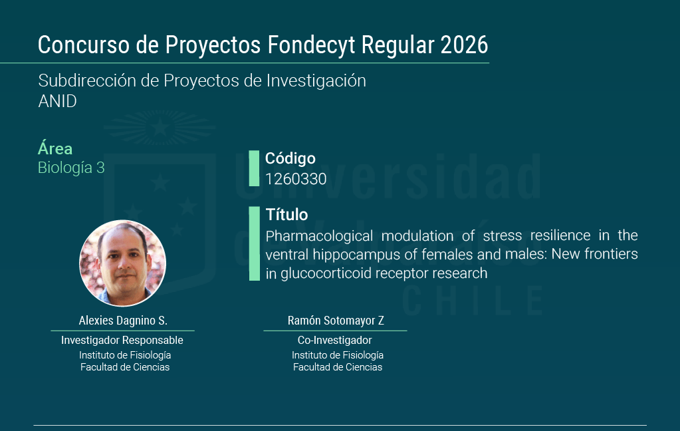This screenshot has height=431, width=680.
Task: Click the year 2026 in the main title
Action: pyautogui.click(x=464, y=45)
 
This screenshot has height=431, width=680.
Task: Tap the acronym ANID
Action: pyautogui.click(x=57, y=101)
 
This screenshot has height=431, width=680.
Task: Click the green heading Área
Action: pyautogui.click(x=55, y=148)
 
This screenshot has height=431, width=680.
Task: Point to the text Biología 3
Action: pyautogui.click(x=71, y=168)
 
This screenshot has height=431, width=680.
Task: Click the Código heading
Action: pyautogui.click(x=290, y=158)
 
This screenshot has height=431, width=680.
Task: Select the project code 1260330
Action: pyautogui.click(x=296, y=179)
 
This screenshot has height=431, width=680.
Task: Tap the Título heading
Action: pyautogui.click(x=286, y=214)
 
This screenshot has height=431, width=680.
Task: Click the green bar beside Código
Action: pyautogui.click(x=254, y=168)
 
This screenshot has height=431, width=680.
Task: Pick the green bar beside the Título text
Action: pyautogui.click(x=254, y=243)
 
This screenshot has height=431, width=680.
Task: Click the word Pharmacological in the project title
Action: pyautogui.click(x=319, y=236)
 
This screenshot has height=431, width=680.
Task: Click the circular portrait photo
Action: pyautogui.click(x=123, y=263)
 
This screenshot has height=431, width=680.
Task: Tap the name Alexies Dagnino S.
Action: pyautogui.click(x=123, y=321)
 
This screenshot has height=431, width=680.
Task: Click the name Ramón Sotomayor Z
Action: pyautogui.click(x=336, y=321)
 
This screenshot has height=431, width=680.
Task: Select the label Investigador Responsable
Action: pyautogui.click(x=122, y=341)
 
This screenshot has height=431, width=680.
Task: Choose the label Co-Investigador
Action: pyautogui.click(x=335, y=341)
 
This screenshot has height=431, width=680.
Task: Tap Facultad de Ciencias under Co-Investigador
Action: pyautogui.click(x=338, y=367)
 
